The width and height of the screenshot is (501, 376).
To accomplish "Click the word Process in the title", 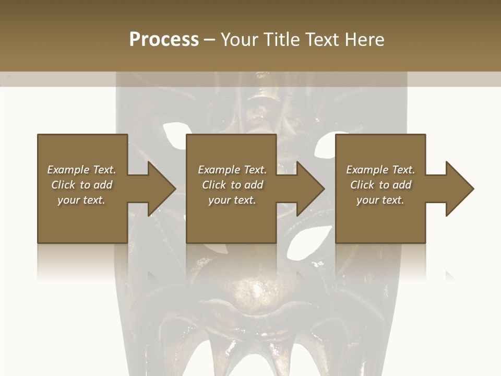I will pyautogui.click(x=164, y=40).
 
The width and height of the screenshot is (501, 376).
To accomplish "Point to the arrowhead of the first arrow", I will pyautogui.click(x=162, y=189).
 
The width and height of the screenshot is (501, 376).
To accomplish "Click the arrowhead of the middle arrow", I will pyautogui.click(x=311, y=189).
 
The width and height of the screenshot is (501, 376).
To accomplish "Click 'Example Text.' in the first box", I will pyautogui.click(x=81, y=170).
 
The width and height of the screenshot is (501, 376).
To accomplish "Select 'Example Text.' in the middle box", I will pyautogui.click(x=232, y=170).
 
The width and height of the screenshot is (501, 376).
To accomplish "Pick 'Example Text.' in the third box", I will pyautogui.click(x=380, y=170).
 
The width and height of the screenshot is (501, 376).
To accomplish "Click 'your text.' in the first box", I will pyautogui.click(x=81, y=200).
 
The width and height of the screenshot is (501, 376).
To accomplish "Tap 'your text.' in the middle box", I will pyautogui.click(x=232, y=200).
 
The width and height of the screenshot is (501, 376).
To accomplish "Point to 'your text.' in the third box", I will pyautogui.click(x=380, y=200).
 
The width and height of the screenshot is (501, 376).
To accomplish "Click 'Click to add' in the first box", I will pyautogui.click(x=81, y=185).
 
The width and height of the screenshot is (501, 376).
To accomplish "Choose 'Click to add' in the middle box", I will pyautogui.click(x=232, y=185).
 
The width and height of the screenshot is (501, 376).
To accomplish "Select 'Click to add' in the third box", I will pyautogui.click(x=380, y=185).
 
